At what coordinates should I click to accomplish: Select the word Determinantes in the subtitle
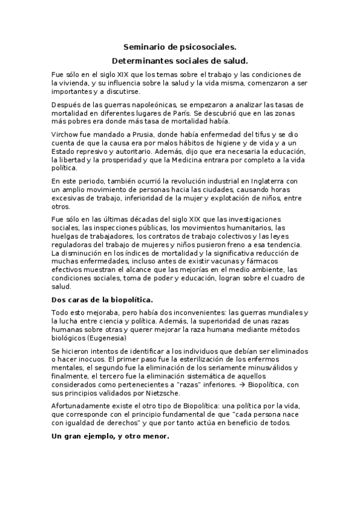(x=141, y=61)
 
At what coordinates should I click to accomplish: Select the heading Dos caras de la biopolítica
(x=102, y=299)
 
